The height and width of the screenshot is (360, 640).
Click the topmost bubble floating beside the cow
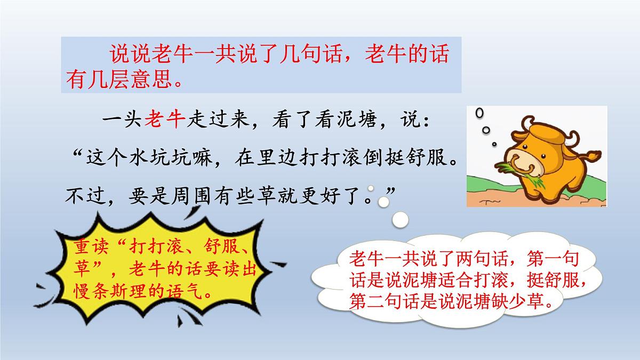point(480,114)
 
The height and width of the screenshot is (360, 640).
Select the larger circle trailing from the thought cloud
point(401,219)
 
